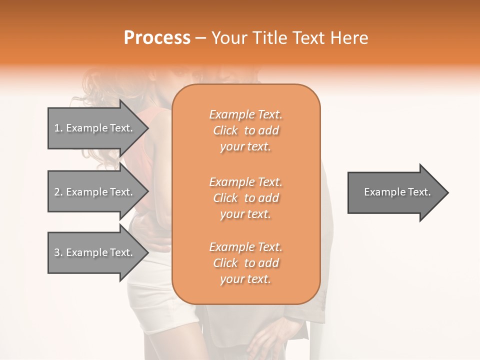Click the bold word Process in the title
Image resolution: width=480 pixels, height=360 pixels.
pyautogui.click(x=157, y=38)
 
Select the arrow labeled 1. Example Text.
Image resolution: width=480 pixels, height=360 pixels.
pyautogui.click(x=95, y=128)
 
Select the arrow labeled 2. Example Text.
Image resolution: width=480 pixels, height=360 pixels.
pyautogui.click(x=95, y=192)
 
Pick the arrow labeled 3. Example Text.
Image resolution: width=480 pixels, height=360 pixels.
pyautogui.click(x=95, y=252)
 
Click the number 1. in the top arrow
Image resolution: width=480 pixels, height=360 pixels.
pyautogui.click(x=58, y=128)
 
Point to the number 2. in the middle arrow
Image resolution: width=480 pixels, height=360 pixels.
pyautogui.click(x=58, y=192)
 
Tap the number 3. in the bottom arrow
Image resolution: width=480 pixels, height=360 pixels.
pyautogui.click(x=58, y=252)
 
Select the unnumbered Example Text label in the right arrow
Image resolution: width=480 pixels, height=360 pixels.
pyautogui.click(x=397, y=192)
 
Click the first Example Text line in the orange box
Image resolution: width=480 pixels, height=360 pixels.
pyautogui.click(x=245, y=115)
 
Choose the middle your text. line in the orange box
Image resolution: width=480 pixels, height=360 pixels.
pyautogui.click(x=245, y=214)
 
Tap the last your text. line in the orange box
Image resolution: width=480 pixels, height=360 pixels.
pyautogui.click(x=245, y=279)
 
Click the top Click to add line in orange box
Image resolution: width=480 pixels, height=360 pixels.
pyautogui.click(x=245, y=131)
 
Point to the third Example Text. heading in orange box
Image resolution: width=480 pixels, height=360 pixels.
pyautogui.click(x=245, y=247)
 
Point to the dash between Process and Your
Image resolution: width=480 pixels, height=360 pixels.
pyautogui.click(x=201, y=38)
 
